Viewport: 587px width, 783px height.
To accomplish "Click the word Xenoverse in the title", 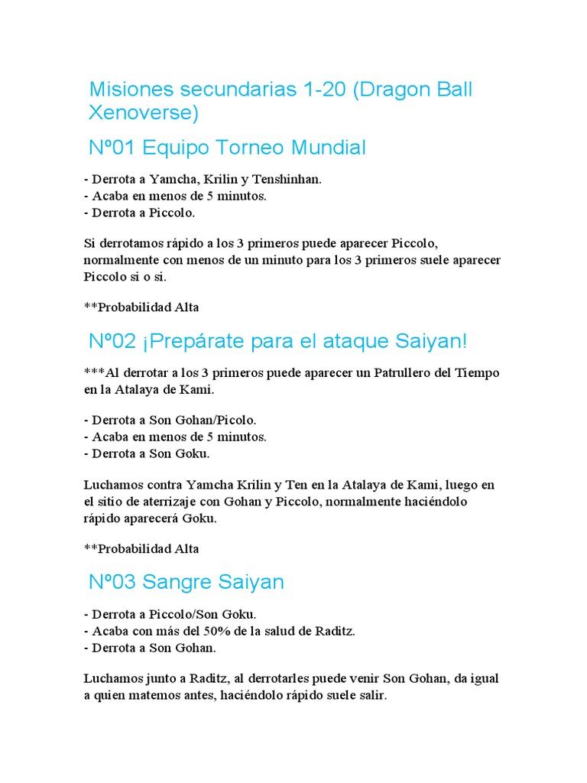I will tap(143, 113).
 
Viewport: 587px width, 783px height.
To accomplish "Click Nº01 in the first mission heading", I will tap(113, 147).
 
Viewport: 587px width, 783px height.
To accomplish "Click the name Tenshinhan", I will tap(290, 179).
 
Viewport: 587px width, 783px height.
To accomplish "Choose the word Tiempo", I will tap(477, 372).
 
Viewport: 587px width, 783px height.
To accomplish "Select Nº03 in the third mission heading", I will tap(113, 582).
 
